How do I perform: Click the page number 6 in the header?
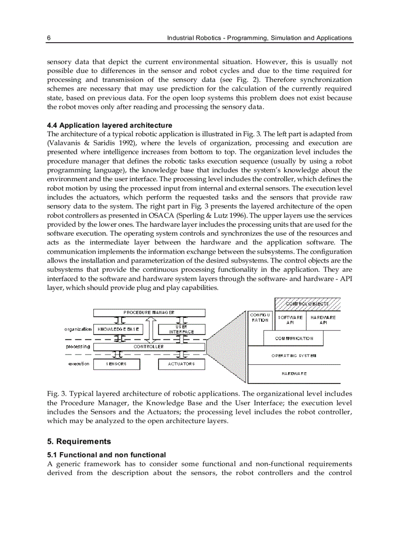[48, 38]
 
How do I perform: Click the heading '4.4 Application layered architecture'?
[109, 125]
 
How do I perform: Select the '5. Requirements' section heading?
[79, 441]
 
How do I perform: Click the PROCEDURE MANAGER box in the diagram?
[149, 312]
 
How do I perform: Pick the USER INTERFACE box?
[181, 329]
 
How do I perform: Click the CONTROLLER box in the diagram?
[149, 346]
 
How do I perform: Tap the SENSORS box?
[116, 364]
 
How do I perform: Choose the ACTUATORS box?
[181, 364]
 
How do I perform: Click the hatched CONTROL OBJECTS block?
[308, 304]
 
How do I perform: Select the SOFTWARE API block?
[290, 320]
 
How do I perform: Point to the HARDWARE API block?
[323, 320]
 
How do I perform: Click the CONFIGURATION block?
[260, 317]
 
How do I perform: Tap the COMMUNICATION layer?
[294, 338]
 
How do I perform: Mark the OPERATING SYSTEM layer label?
[294, 356]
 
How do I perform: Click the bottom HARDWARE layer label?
[294, 374]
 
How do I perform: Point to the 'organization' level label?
[78, 329]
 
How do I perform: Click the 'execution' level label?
[79, 364]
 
